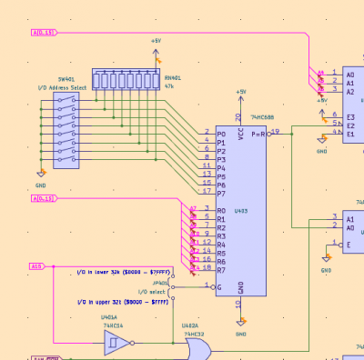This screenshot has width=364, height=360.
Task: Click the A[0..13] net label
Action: click(x=45, y=33)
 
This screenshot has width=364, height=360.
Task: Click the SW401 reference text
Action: click(x=66, y=80)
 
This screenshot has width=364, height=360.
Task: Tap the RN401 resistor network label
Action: click(x=171, y=78)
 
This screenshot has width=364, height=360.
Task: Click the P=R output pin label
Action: click(x=258, y=134)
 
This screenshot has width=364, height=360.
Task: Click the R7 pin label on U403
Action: click(x=221, y=270)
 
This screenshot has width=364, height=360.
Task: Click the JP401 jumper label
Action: click(x=161, y=283)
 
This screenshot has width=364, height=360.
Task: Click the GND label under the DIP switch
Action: click(x=39, y=183)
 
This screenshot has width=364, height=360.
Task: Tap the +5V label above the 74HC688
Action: click(x=241, y=92)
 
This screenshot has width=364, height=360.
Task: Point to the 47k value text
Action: click(x=170, y=85)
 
